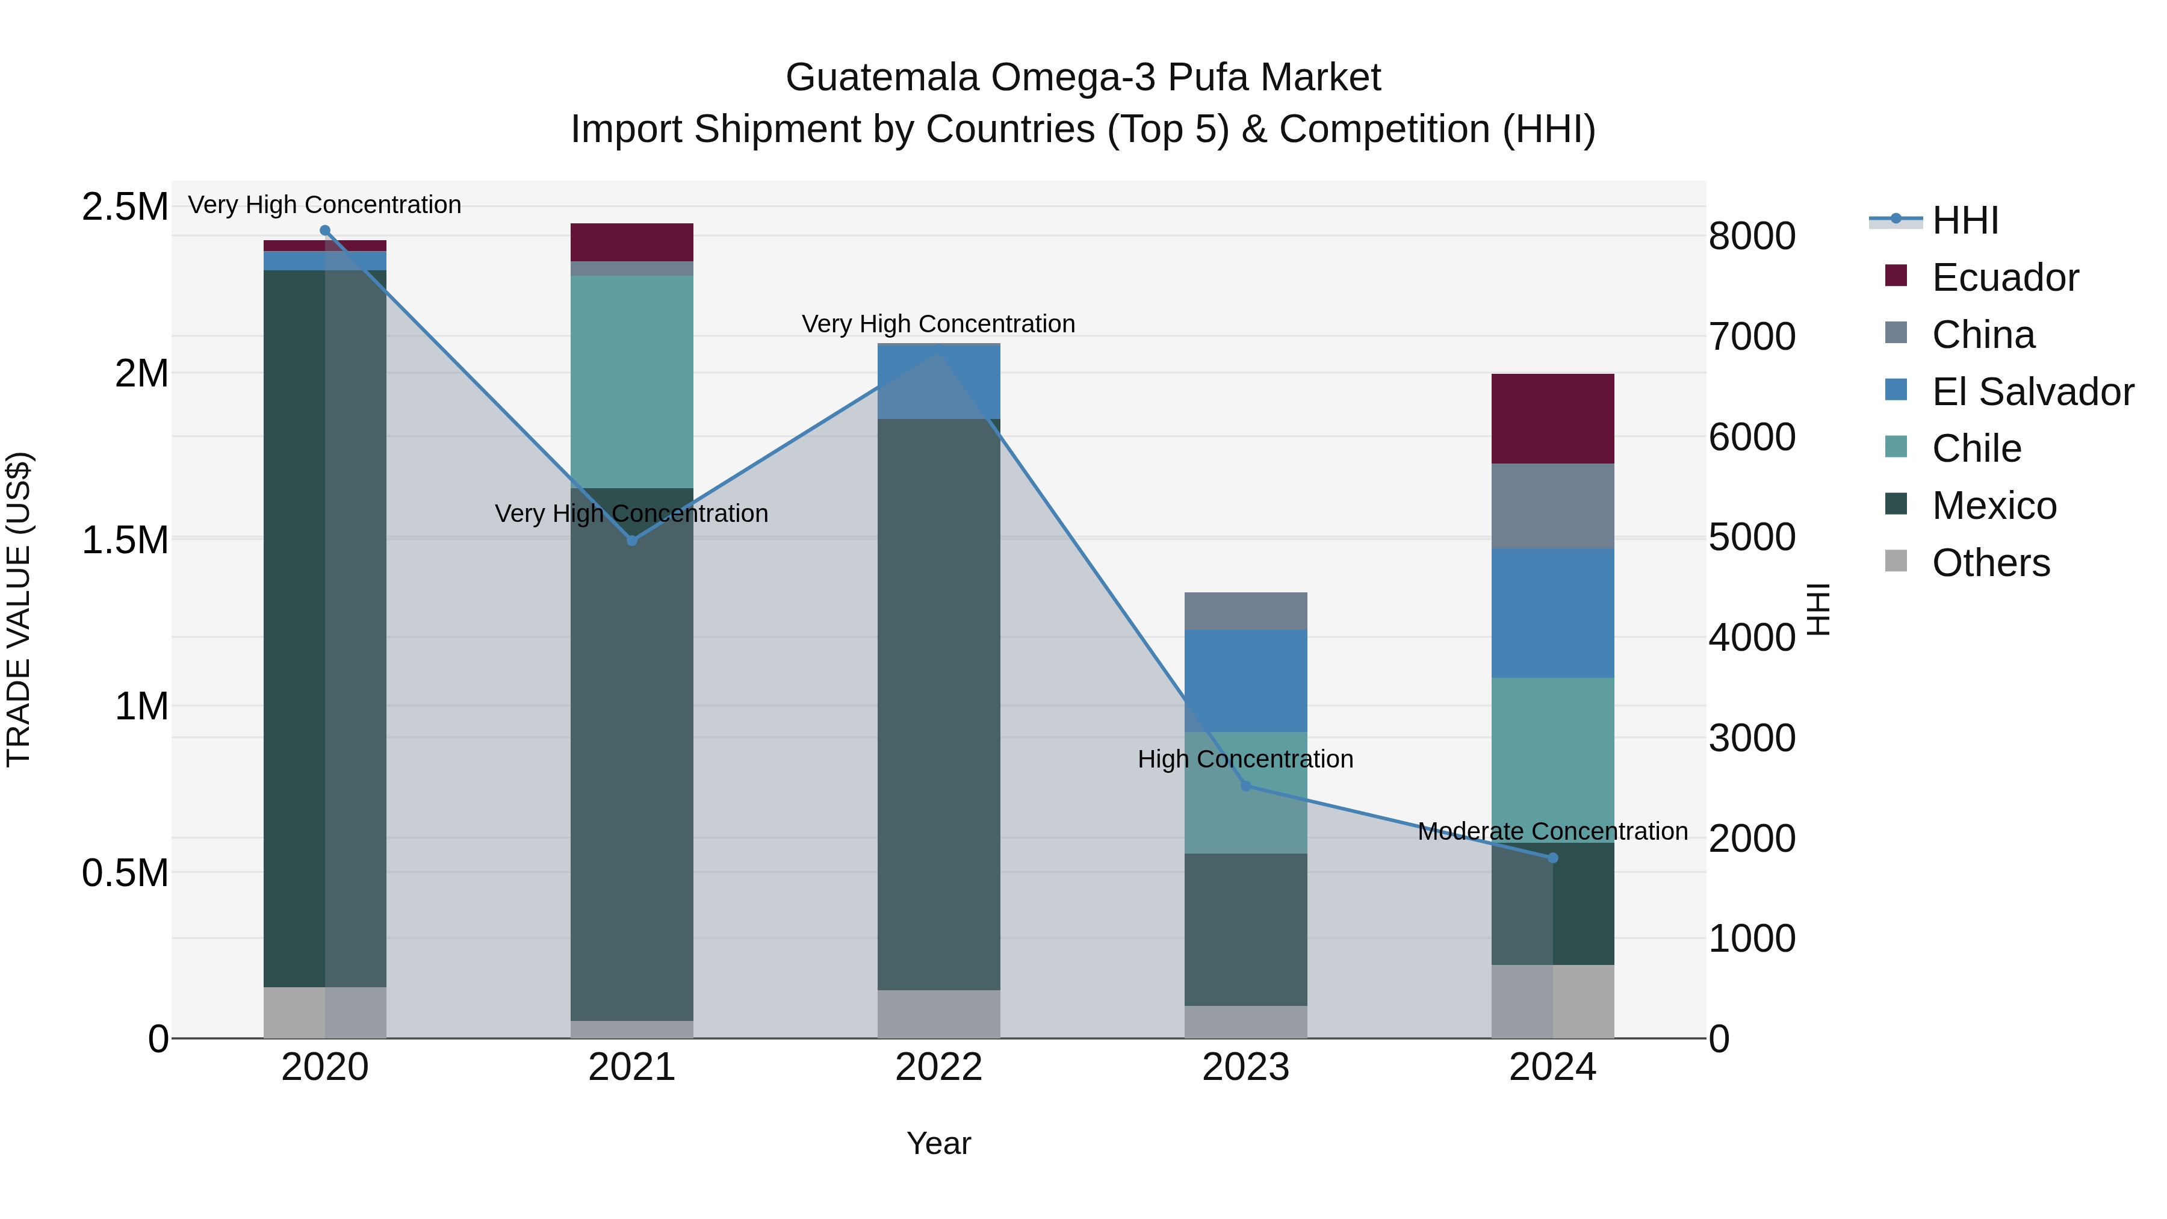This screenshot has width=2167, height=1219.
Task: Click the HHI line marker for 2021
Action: pyautogui.click(x=632, y=540)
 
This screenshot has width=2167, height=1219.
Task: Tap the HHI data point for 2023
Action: pyautogui.click(x=1246, y=786)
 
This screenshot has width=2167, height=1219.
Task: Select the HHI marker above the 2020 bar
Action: pyautogui.click(x=324, y=231)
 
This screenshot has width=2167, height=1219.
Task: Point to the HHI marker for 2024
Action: pyautogui.click(x=1553, y=858)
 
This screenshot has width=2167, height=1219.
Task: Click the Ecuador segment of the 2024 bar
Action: pyautogui.click(x=1553, y=418)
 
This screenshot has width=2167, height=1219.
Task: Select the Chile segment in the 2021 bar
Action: pyautogui.click(x=632, y=381)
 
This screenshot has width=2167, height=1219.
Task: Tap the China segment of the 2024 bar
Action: pyautogui.click(x=1553, y=506)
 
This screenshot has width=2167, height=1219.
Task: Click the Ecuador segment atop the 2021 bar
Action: pyautogui.click(x=632, y=241)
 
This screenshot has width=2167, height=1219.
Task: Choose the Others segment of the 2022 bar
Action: pyautogui.click(x=939, y=1013)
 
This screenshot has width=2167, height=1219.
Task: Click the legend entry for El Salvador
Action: pyautogui.click(x=2032, y=392)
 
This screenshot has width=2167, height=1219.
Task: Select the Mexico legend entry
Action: pyautogui.click(x=1994, y=506)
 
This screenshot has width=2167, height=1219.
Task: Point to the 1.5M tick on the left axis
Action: pyautogui.click(x=125, y=539)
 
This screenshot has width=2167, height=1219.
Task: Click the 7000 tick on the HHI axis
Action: pyautogui.click(x=1752, y=337)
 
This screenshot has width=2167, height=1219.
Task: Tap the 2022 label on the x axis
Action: pyautogui.click(x=939, y=1067)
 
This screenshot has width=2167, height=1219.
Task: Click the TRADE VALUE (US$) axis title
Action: pyautogui.click(x=19, y=609)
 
